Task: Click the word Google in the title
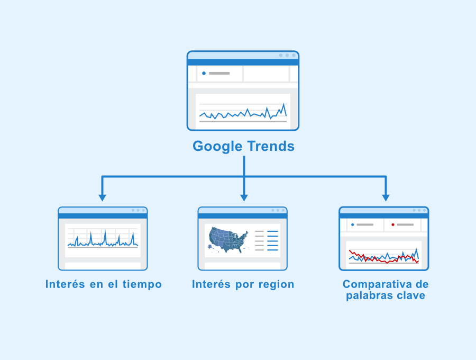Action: [217, 147]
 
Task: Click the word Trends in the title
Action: [270, 146]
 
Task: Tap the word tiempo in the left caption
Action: [142, 285]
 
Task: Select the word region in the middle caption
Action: [276, 285]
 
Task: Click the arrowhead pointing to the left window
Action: [102, 198]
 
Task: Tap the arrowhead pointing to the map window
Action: [244, 198]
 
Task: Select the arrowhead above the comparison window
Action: [386, 198]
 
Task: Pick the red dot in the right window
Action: [393, 225]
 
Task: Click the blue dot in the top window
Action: [204, 73]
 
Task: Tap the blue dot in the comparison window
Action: [352, 225]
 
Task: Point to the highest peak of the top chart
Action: [284, 104]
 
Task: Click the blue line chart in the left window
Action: [103, 239]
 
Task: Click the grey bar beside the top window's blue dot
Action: [219, 73]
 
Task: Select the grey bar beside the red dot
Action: [405, 225]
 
